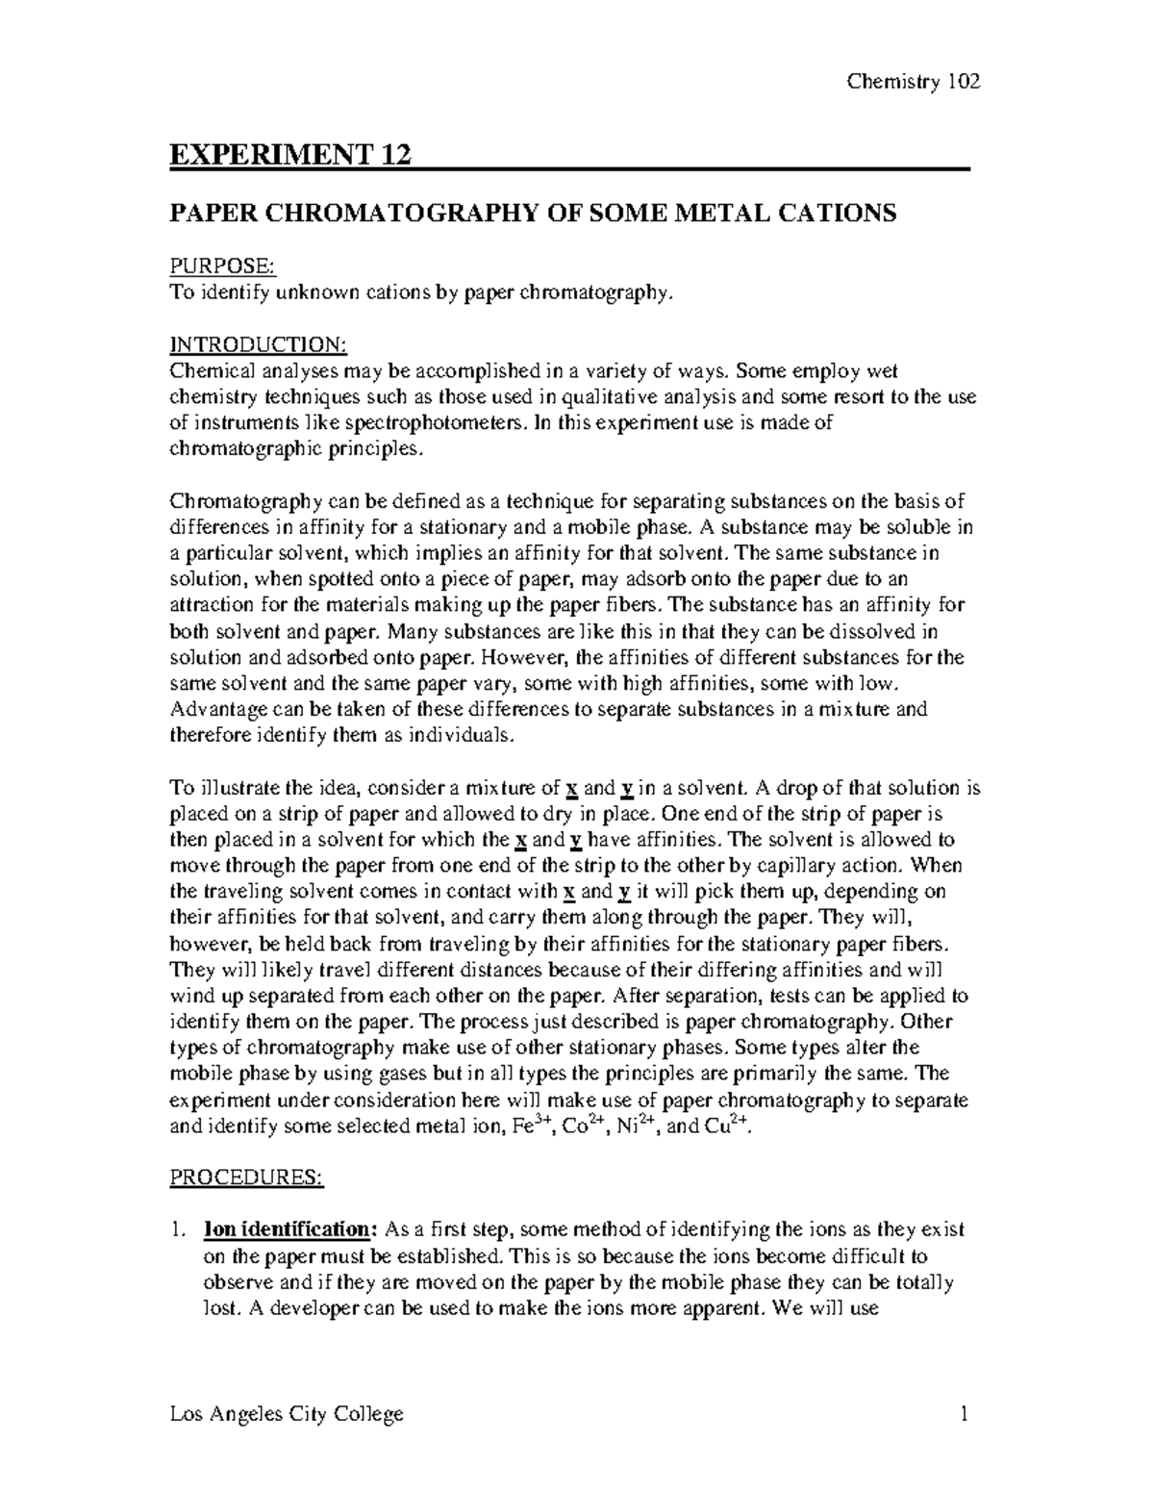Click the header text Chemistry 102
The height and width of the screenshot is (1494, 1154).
[913, 82]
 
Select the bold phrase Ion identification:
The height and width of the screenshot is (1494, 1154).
[286, 1229]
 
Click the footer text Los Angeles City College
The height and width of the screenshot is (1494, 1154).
[287, 1413]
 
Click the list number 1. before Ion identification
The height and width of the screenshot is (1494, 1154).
[177, 1229]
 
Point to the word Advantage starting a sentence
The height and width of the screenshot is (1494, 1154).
[213, 710]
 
